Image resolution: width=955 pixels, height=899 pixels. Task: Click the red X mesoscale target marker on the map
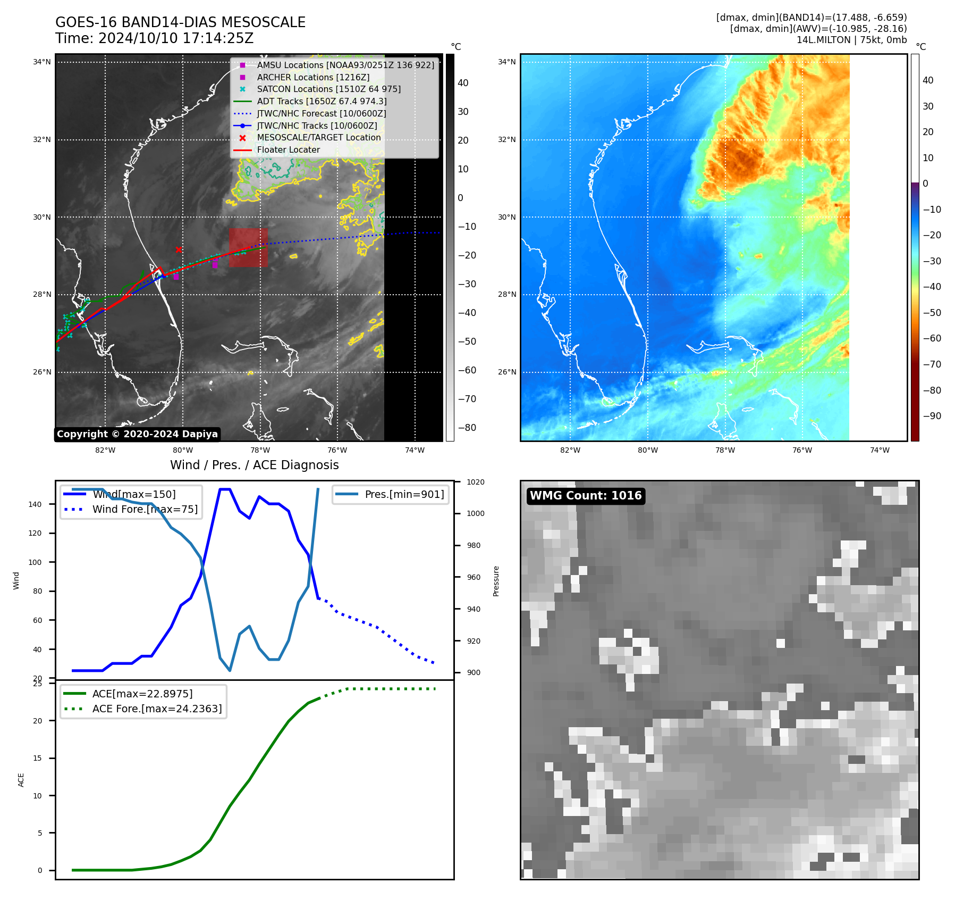179,249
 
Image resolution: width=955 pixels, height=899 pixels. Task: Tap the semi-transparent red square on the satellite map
248,248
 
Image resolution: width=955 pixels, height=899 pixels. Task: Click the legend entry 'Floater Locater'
288,150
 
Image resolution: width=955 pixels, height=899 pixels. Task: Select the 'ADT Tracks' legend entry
322,101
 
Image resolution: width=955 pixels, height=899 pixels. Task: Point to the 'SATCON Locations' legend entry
328,89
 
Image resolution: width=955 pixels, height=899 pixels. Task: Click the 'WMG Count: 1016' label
586,496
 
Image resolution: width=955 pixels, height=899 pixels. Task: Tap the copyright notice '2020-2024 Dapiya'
137,434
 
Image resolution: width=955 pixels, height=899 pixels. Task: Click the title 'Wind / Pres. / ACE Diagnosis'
254,465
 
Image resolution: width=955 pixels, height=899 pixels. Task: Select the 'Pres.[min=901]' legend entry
404,494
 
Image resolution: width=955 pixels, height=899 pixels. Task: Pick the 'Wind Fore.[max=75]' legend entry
145,509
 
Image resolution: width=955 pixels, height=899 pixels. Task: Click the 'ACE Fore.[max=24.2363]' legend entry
157,709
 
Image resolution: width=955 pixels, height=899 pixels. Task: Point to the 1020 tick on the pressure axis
475,482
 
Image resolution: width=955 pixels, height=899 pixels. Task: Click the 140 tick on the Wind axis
35,504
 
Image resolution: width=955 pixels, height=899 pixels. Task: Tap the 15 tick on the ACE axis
38,758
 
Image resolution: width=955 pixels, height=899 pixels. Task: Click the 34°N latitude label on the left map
42,62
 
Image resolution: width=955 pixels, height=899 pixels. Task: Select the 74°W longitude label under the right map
880,450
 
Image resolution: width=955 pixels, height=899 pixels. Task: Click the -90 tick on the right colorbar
932,416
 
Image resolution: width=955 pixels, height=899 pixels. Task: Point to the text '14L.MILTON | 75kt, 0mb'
851,40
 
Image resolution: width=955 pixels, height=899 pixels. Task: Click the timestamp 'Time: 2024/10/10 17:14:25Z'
154,38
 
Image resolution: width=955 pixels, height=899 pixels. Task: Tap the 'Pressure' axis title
496,581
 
